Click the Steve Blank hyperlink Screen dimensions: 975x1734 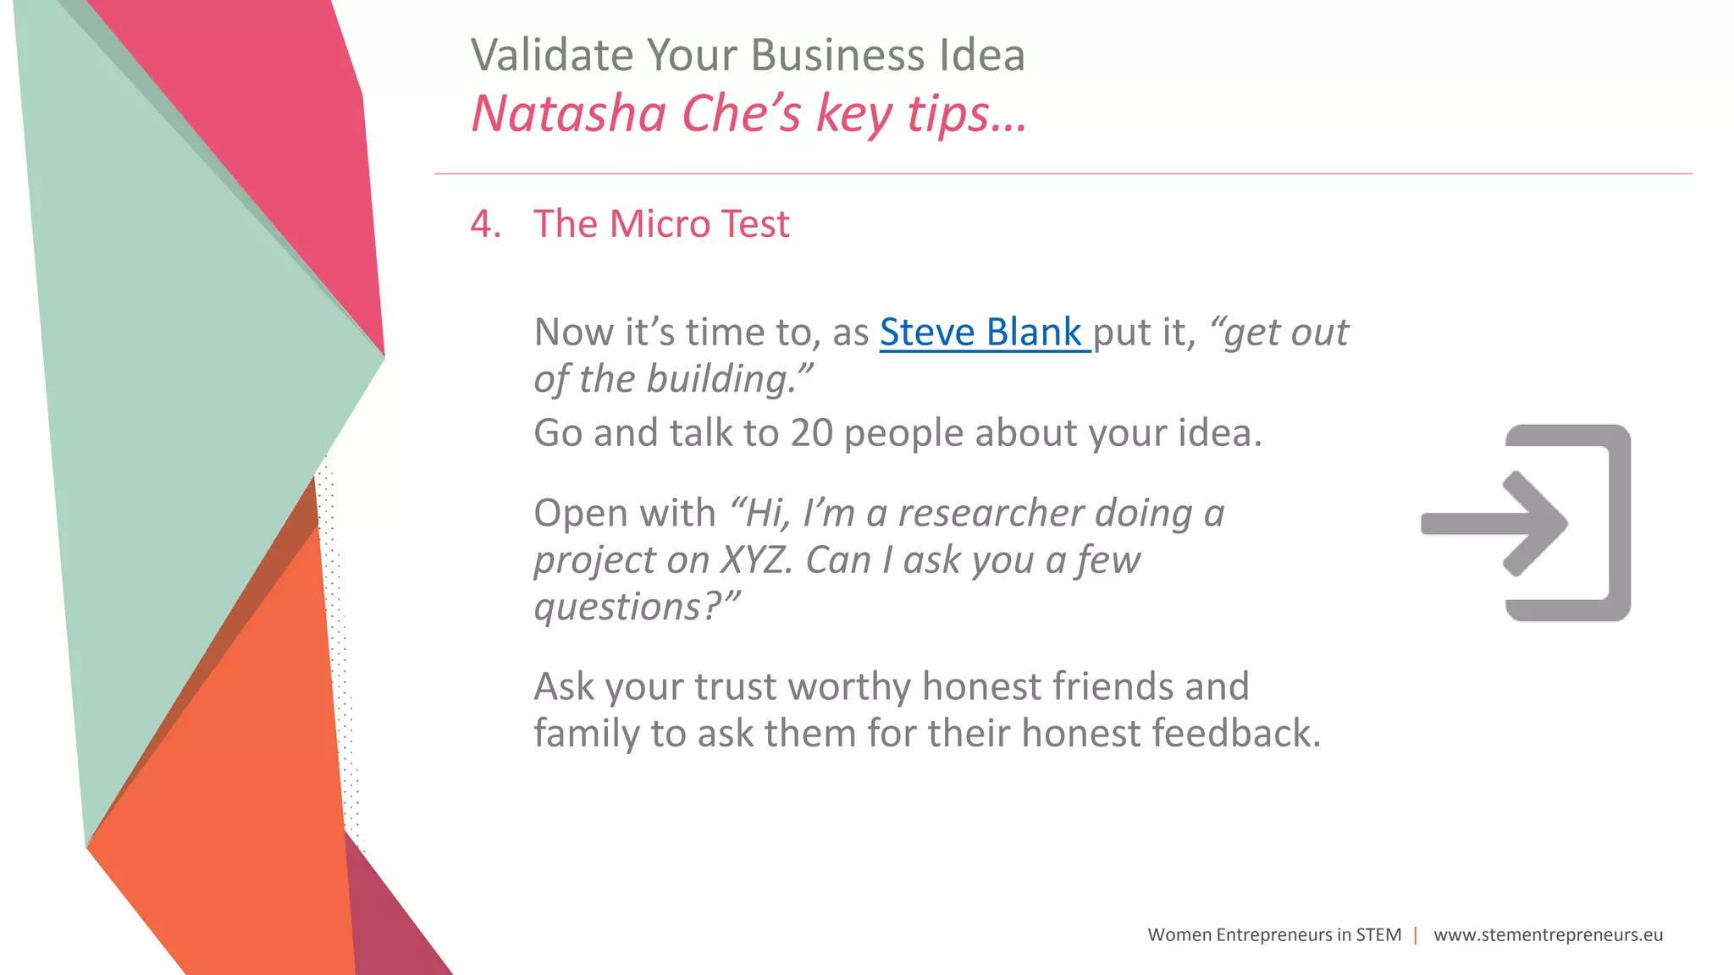click(982, 333)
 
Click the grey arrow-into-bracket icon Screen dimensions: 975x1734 click(1526, 523)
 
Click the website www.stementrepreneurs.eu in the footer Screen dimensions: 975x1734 click(1548, 935)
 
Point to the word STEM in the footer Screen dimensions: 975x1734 click(1378, 935)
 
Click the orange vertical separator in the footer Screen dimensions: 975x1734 click(1416, 935)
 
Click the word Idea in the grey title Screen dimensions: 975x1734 click(982, 56)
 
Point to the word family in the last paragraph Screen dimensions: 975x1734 click(585, 733)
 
